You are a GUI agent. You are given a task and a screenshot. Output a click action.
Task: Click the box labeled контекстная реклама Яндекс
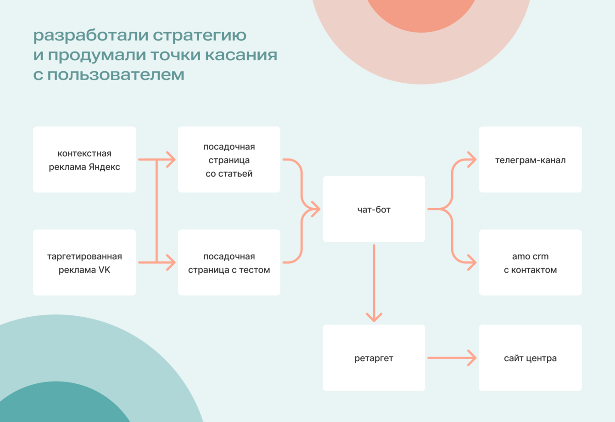84,160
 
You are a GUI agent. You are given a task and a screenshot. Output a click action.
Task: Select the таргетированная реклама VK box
84,262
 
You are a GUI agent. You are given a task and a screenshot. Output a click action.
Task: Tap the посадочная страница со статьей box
229,160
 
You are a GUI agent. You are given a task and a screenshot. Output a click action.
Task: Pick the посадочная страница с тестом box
229,262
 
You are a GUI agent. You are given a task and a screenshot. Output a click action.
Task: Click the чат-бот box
374,209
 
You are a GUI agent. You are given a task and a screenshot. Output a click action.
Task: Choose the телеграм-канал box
530,160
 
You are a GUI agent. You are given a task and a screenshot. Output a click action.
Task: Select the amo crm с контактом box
530,262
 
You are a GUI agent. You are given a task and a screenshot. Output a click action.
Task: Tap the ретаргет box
374,358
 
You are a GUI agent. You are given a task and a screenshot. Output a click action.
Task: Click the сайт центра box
530,358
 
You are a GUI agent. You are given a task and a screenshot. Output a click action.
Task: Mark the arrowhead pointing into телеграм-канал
472,160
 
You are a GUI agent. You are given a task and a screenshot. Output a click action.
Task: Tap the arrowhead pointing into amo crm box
472,262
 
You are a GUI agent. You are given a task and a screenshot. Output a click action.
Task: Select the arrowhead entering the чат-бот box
315,209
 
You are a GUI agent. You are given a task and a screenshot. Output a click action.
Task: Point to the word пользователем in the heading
116,74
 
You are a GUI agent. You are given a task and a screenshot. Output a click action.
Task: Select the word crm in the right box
540,257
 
